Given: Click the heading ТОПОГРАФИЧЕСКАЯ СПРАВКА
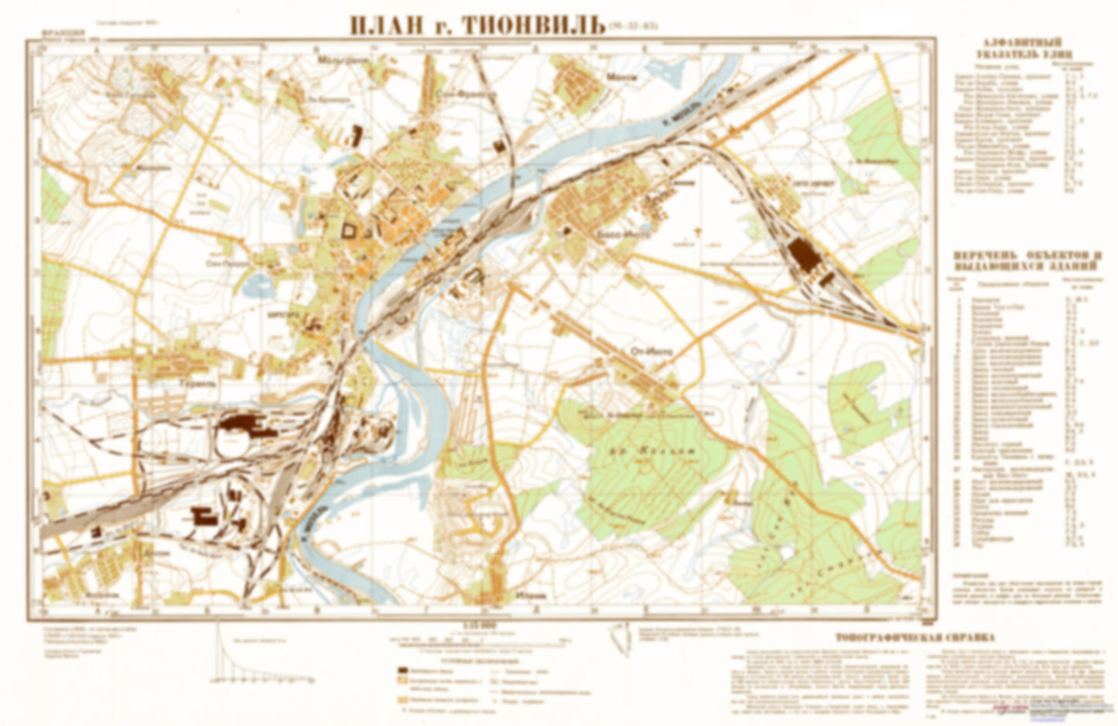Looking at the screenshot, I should point(912,639).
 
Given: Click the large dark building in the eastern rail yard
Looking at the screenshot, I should point(804,255).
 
